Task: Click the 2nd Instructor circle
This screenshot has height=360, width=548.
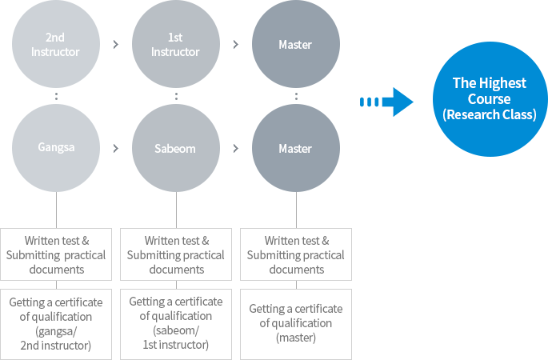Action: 56,44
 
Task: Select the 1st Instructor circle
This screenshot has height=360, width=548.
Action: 176,44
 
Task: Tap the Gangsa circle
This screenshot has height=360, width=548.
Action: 56,148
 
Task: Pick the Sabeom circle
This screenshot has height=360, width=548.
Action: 176,148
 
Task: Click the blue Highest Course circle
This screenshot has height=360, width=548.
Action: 490,99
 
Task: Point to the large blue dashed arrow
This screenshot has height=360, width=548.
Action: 386,102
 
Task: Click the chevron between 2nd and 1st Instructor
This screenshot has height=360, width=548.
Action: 116,44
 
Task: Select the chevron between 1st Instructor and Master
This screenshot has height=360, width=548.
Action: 236,44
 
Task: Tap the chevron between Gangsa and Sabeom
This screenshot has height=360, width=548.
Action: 116,149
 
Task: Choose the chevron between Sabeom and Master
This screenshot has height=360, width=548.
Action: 236,149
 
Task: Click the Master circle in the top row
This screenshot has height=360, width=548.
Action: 296,44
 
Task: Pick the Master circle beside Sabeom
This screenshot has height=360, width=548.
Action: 296,148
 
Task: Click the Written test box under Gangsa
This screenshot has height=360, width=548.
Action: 56,254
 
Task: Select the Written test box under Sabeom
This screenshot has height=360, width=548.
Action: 176,254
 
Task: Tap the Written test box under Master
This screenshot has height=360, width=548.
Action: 296,254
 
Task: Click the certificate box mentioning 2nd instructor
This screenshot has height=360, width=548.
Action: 56,324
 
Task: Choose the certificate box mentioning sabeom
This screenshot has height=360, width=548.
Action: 176,324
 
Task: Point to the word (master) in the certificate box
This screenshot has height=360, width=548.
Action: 296,338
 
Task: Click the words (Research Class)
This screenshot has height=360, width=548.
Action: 490,114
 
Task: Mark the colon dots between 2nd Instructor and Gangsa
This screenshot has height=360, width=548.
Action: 56,96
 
